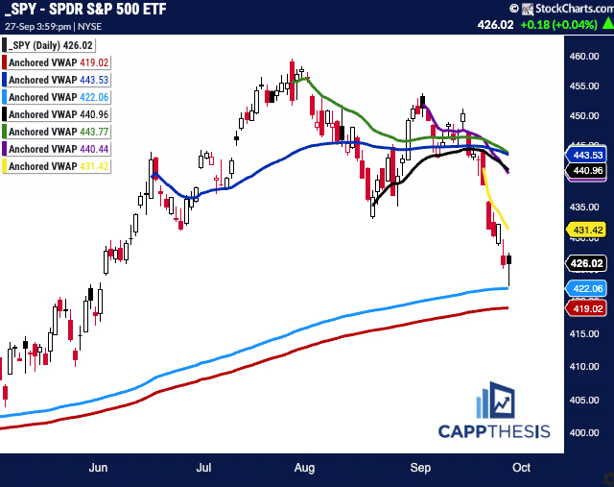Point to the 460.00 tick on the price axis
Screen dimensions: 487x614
click(577, 56)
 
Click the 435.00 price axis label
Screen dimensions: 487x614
click(577, 207)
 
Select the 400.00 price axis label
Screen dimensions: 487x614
click(577, 431)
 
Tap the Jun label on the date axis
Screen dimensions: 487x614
click(97, 469)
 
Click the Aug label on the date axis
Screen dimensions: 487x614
click(304, 469)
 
